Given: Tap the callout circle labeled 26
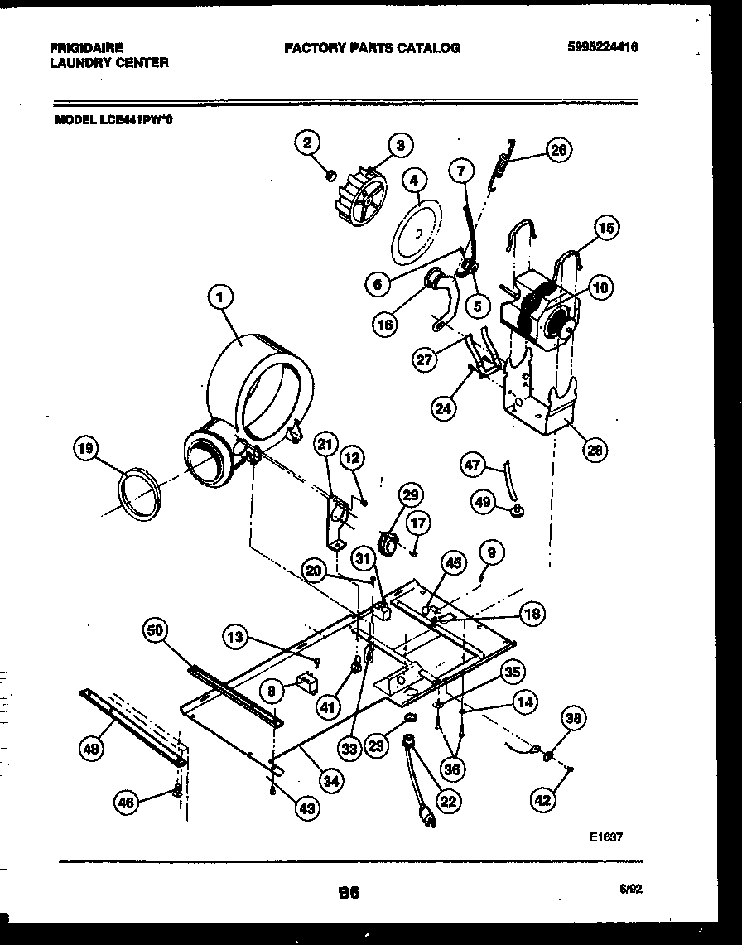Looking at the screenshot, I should (x=559, y=150).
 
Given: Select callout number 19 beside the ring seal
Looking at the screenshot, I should (x=84, y=450).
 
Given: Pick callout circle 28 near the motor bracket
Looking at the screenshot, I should (x=594, y=450).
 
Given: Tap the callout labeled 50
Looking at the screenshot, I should (x=155, y=631).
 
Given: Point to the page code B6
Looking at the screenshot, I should (x=349, y=892).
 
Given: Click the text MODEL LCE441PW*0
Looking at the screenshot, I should (x=114, y=118).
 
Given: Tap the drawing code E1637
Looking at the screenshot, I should (x=605, y=837).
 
